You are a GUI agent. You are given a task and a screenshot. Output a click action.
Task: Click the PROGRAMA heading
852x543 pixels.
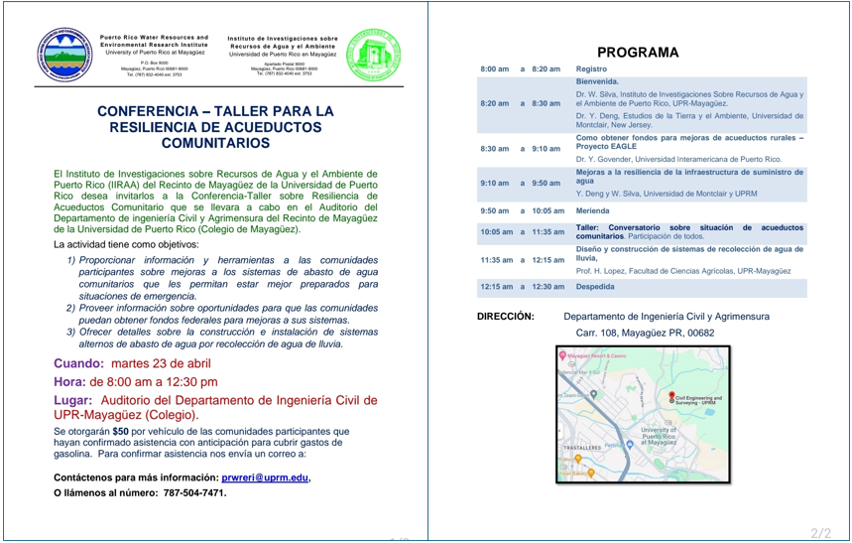coord(639,53)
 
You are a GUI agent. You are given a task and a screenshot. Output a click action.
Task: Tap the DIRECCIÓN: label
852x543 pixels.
coord(506,316)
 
